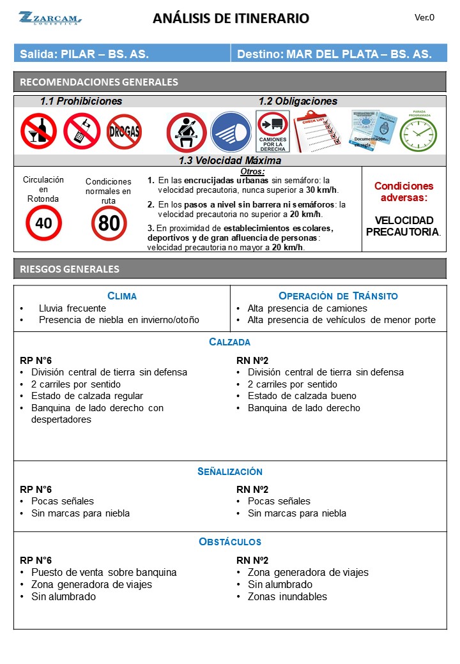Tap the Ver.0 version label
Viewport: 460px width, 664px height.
[424, 17]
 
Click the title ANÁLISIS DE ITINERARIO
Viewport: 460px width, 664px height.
[231, 19]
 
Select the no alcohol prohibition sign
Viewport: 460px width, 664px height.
[38, 131]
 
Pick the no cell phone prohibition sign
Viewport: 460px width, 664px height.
[81, 131]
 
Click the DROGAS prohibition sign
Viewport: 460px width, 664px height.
[124, 132]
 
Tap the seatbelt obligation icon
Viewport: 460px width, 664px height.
[186, 132]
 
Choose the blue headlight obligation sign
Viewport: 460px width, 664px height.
[230, 132]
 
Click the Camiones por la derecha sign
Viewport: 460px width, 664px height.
[273, 132]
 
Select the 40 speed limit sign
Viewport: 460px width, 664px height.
[43, 223]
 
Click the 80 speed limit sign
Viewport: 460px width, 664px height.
[109, 223]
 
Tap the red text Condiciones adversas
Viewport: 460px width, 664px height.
[403, 192]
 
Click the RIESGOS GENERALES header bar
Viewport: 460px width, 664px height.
[230, 269]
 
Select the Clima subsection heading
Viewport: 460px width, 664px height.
[121, 296]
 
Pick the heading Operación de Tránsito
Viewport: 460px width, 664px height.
[338, 296]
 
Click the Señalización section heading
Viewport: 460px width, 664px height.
[230, 472]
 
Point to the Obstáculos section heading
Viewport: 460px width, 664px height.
[230, 542]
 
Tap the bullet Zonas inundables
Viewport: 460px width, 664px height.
[287, 597]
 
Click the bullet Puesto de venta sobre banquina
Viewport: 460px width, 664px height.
[103, 573]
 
